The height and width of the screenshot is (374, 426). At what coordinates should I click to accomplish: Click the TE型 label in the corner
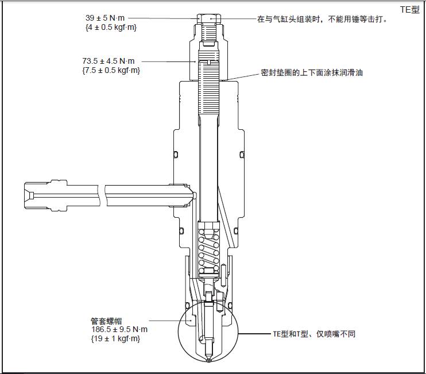tap(410, 10)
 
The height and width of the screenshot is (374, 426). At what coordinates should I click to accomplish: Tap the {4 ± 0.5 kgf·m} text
tap(111, 27)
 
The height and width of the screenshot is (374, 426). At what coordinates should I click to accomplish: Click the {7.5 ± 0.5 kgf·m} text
tap(111, 70)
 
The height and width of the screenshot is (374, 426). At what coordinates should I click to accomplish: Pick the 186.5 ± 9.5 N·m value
tap(119, 329)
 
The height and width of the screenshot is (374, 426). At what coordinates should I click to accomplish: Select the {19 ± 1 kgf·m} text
tap(115, 338)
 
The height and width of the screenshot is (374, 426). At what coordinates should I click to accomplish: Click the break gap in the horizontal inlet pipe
tap(102, 194)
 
